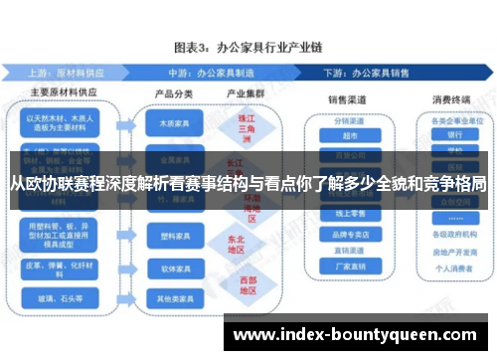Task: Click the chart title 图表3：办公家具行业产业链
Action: point(248,47)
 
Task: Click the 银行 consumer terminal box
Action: point(455,135)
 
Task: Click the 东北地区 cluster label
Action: point(235,245)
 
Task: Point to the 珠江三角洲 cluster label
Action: point(235,129)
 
